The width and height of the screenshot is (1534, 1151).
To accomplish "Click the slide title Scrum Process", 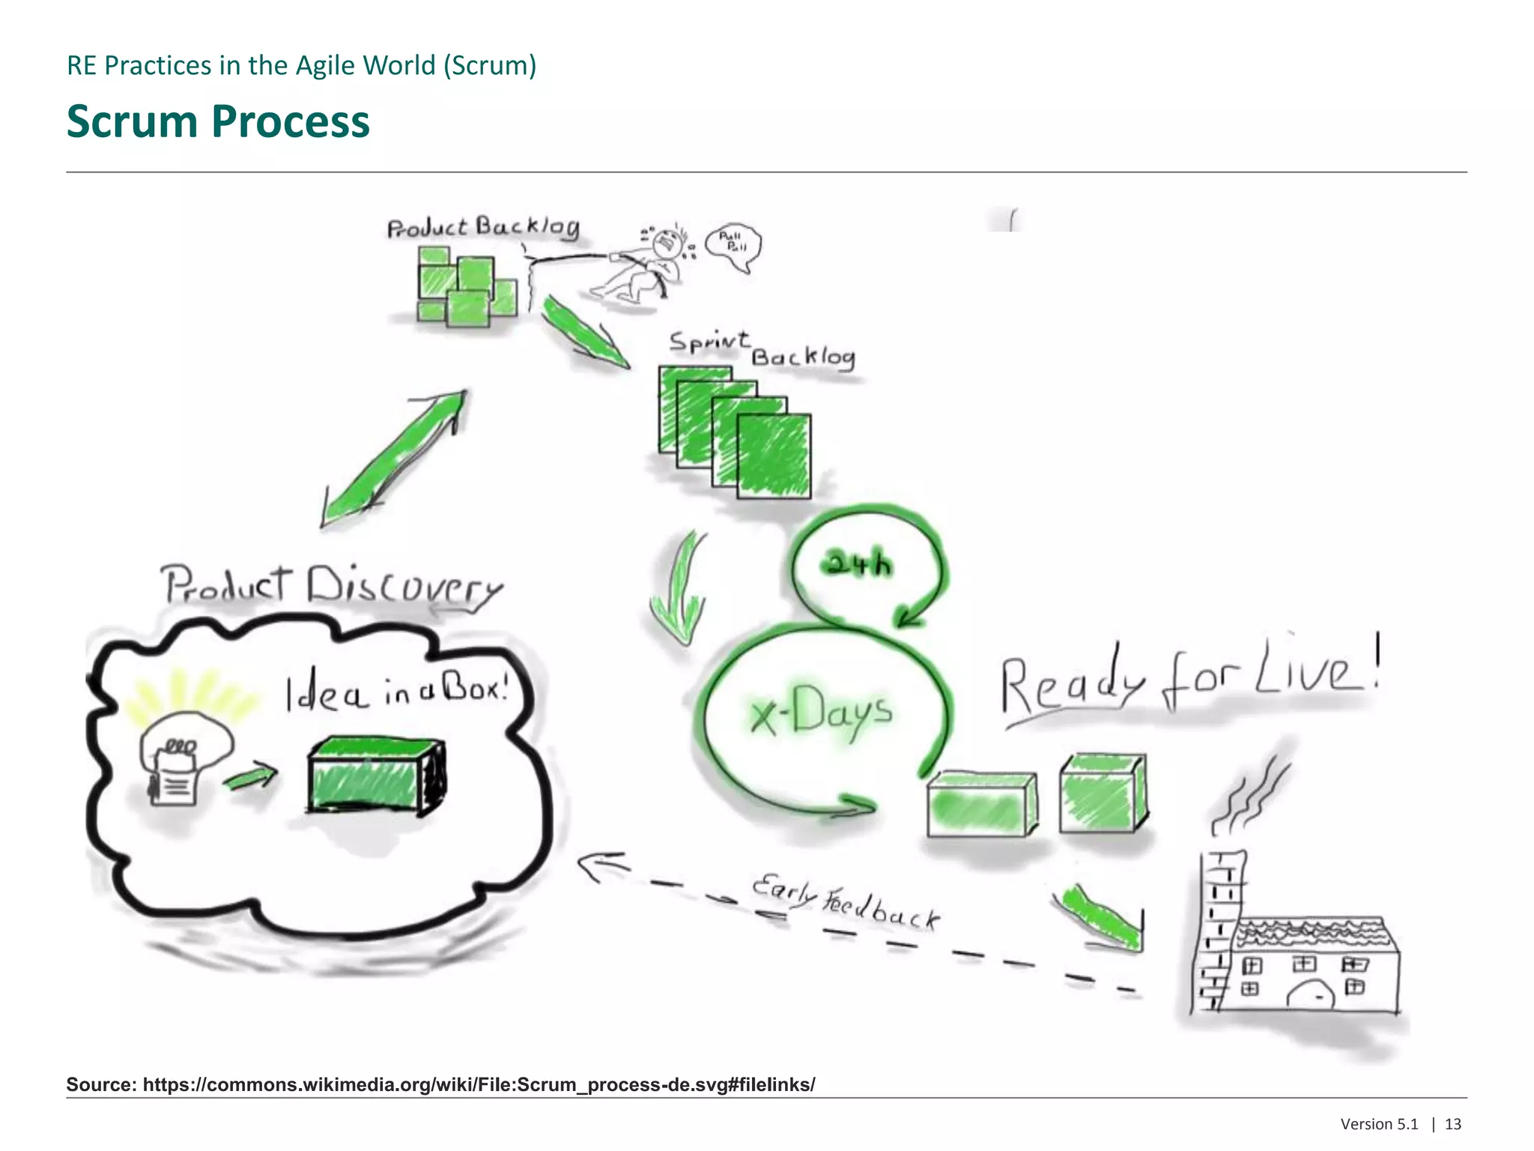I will tap(218, 121).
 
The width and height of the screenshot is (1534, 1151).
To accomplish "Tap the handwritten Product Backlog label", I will tap(483, 227).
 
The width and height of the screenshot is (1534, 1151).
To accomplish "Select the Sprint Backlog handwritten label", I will tap(762, 350).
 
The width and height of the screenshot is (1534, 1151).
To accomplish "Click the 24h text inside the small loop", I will tap(858, 563).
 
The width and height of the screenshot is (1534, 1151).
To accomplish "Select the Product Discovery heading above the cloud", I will tap(332, 587).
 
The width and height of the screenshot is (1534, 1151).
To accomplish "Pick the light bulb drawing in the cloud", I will tap(184, 757).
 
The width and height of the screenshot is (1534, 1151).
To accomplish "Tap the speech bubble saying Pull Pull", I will tap(733, 246).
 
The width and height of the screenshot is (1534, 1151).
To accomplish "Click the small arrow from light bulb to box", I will tap(251, 777).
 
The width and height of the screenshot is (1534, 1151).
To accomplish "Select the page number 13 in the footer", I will tap(1453, 1124).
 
